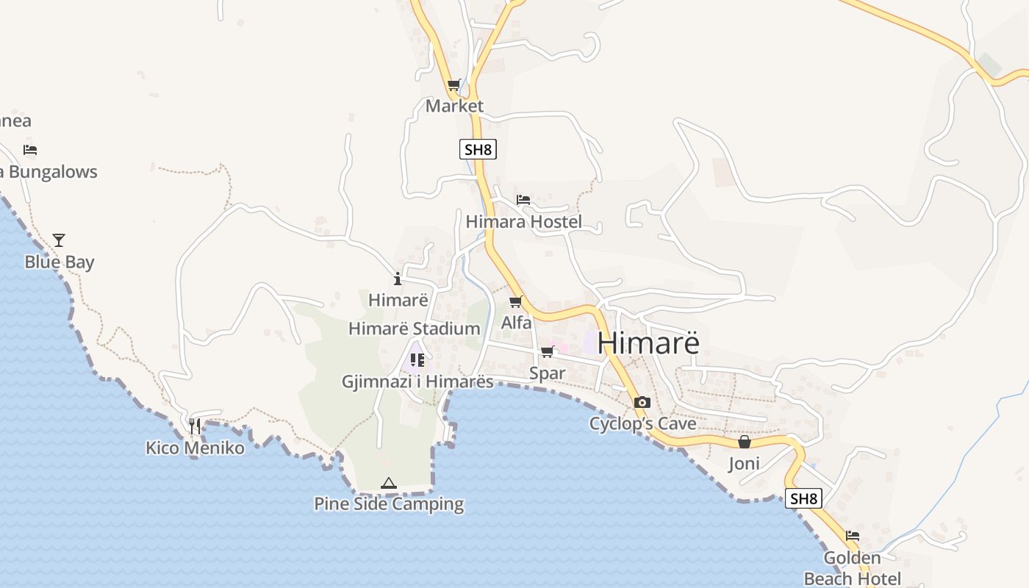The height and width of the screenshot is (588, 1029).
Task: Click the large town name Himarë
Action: coord(648,343)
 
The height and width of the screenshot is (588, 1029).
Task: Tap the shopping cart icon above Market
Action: coord(454,85)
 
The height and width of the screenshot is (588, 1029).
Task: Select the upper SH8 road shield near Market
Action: coord(478,149)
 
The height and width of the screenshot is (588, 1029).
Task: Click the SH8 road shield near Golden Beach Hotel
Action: coord(803,498)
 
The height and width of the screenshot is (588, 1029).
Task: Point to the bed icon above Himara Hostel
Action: coord(523,200)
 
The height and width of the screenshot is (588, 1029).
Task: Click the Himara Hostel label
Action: coord(524,221)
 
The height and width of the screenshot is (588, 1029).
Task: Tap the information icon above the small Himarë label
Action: coord(398,279)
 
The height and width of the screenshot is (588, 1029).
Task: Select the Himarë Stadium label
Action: coord(414,329)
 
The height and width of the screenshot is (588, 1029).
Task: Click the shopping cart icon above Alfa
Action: coord(516,301)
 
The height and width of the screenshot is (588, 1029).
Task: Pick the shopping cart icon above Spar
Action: coord(547,352)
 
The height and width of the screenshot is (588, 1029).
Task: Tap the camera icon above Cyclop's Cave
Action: coord(642,402)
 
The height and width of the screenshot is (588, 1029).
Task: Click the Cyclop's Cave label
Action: coord(642,424)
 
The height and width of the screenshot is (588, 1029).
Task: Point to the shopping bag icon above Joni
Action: coord(745,442)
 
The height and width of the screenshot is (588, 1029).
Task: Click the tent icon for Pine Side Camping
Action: coord(389,483)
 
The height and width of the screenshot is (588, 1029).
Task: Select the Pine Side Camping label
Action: coord(389,504)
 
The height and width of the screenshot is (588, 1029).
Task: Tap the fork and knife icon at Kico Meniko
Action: coord(195,426)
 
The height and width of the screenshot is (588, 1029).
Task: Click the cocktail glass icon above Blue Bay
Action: coord(59,240)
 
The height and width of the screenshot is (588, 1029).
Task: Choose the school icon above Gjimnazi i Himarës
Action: coord(417,360)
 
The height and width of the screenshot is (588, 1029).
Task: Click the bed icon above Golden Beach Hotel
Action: coord(853,536)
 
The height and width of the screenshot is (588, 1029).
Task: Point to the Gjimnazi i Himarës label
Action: coord(417,381)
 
